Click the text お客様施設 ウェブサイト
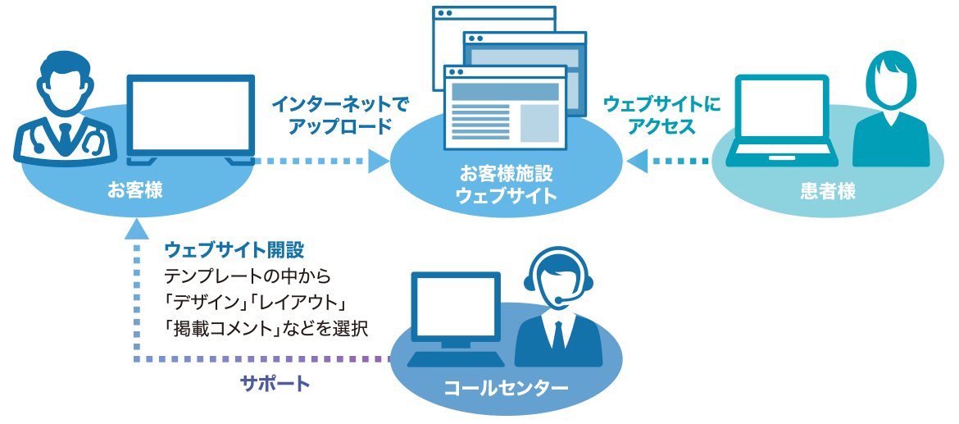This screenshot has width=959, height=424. (506, 185)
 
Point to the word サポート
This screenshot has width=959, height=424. (275, 384)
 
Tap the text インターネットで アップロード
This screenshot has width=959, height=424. (339, 116)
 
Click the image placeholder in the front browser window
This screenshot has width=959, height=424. (539, 123)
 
